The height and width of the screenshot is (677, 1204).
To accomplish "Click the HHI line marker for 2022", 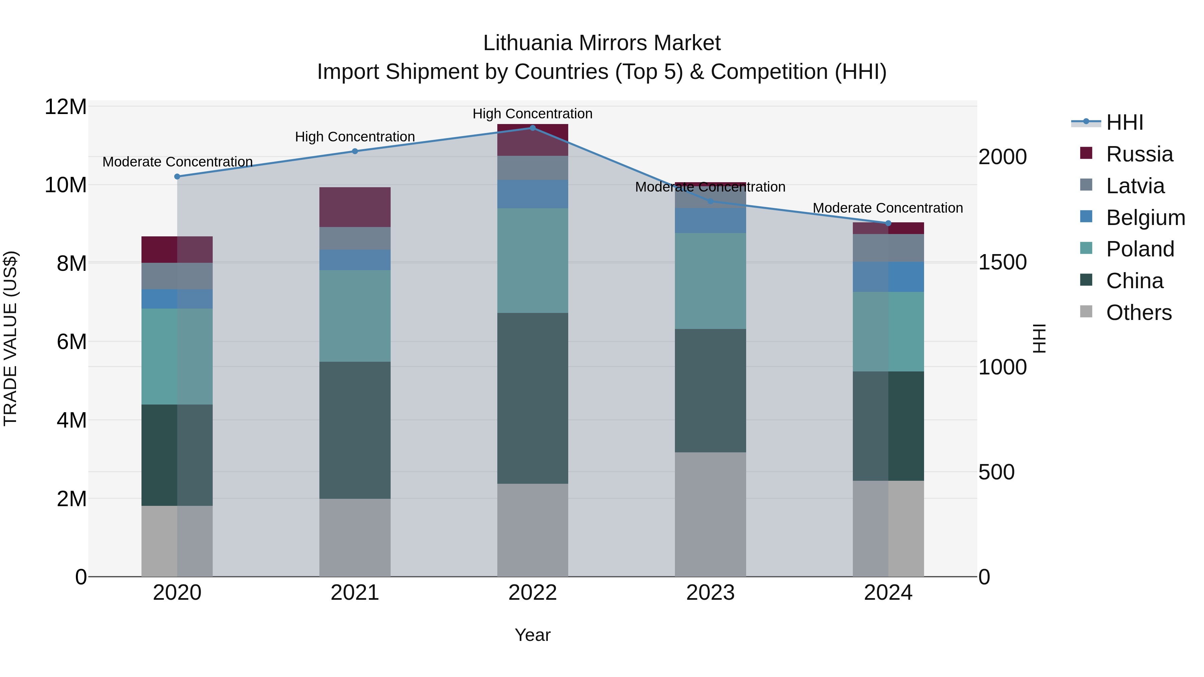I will (x=532, y=128).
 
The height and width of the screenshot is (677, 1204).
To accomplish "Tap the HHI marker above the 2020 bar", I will (x=177, y=177).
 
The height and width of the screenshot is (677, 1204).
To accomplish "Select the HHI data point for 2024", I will (x=888, y=223).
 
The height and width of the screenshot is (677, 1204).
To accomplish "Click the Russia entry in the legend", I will (x=1139, y=154).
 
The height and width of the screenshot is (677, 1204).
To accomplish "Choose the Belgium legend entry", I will (x=1145, y=218).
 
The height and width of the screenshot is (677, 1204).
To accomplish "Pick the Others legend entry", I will (x=1138, y=313).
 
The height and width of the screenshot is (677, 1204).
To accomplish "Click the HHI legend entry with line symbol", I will (x=1124, y=122).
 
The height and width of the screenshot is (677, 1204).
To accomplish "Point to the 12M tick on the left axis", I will (x=66, y=107).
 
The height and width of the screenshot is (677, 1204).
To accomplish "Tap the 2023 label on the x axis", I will (x=710, y=593).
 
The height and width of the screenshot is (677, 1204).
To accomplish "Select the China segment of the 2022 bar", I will (x=532, y=398).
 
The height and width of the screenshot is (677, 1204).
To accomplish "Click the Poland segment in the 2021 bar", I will (x=355, y=316).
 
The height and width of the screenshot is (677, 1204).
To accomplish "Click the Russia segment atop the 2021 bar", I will (x=355, y=207).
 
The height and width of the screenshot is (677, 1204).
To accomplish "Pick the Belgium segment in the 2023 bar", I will (x=710, y=221).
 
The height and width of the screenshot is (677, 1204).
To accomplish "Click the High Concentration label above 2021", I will (x=355, y=137).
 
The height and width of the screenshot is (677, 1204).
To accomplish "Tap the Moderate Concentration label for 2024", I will (x=888, y=208).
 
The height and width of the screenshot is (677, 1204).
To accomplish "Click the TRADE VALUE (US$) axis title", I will (x=10, y=338).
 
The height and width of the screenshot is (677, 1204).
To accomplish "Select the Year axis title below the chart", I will (x=532, y=636).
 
